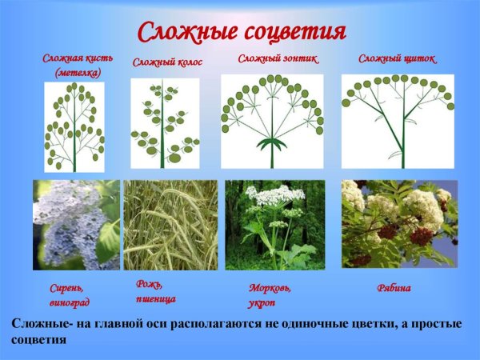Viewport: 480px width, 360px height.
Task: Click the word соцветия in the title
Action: pos(294,31)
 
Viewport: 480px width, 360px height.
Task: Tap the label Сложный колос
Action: pos(167,62)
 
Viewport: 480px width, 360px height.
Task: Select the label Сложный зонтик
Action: pos(278,58)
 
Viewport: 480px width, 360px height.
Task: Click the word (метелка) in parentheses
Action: pos(78,73)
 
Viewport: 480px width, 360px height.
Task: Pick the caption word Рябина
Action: pos(394,288)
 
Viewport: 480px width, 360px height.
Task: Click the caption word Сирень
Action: pos(66,287)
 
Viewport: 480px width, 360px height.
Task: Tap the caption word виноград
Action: pos(70,302)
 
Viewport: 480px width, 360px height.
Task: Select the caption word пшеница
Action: pos(154,298)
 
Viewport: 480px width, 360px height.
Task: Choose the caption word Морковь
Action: pos(270,287)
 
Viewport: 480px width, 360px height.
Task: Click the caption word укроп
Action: pos(263,302)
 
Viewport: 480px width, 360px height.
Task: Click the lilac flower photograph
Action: pos(76,225)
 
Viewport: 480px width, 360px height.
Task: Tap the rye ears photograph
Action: pos(170,225)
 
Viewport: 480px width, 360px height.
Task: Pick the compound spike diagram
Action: pos(165,123)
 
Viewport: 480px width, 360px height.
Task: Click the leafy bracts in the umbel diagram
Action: pos(272,144)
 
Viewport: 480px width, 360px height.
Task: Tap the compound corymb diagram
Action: pos(398,120)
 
